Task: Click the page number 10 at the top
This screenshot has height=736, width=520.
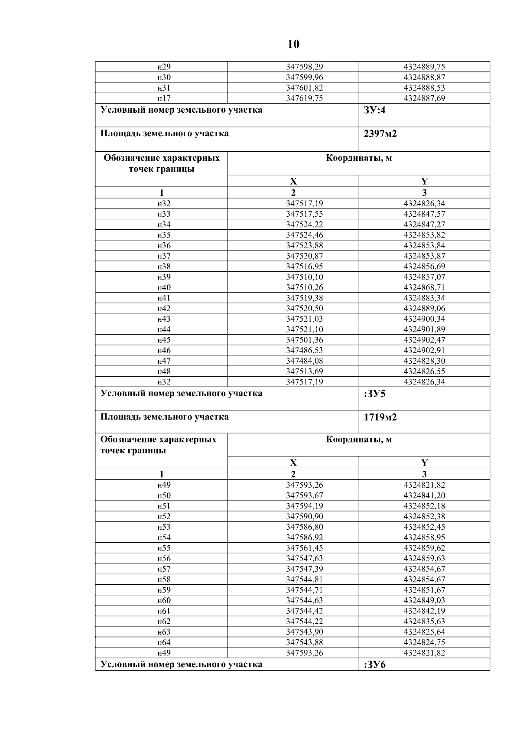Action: click(x=293, y=44)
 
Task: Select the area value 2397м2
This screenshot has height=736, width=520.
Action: click(x=380, y=134)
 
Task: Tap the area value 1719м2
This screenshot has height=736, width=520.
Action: click(x=380, y=417)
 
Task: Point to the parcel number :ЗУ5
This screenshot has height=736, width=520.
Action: click(x=375, y=394)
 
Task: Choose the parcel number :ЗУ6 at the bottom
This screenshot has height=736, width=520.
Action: click(x=375, y=665)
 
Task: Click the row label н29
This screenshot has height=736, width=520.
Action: click(x=164, y=67)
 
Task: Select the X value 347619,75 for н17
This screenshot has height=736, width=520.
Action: click(x=304, y=98)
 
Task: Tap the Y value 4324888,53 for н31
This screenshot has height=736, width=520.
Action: click(x=424, y=88)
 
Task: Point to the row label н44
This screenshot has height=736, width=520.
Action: click(x=164, y=329)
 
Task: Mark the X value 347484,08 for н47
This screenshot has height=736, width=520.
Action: click(x=304, y=361)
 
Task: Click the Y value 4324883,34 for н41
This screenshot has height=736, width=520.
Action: click(x=424, y=298)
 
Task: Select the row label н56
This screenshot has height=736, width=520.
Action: click(x=164, y=559)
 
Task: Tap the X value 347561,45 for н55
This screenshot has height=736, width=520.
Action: click(x=304, y=548)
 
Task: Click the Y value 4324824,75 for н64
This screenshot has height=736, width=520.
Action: click(x=424, y=642)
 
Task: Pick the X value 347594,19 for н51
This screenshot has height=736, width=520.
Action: click(x=304, y=506)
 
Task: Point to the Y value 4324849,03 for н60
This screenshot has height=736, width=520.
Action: click(x=424, y=601)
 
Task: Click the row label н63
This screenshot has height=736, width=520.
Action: click(x=164, y=632)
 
